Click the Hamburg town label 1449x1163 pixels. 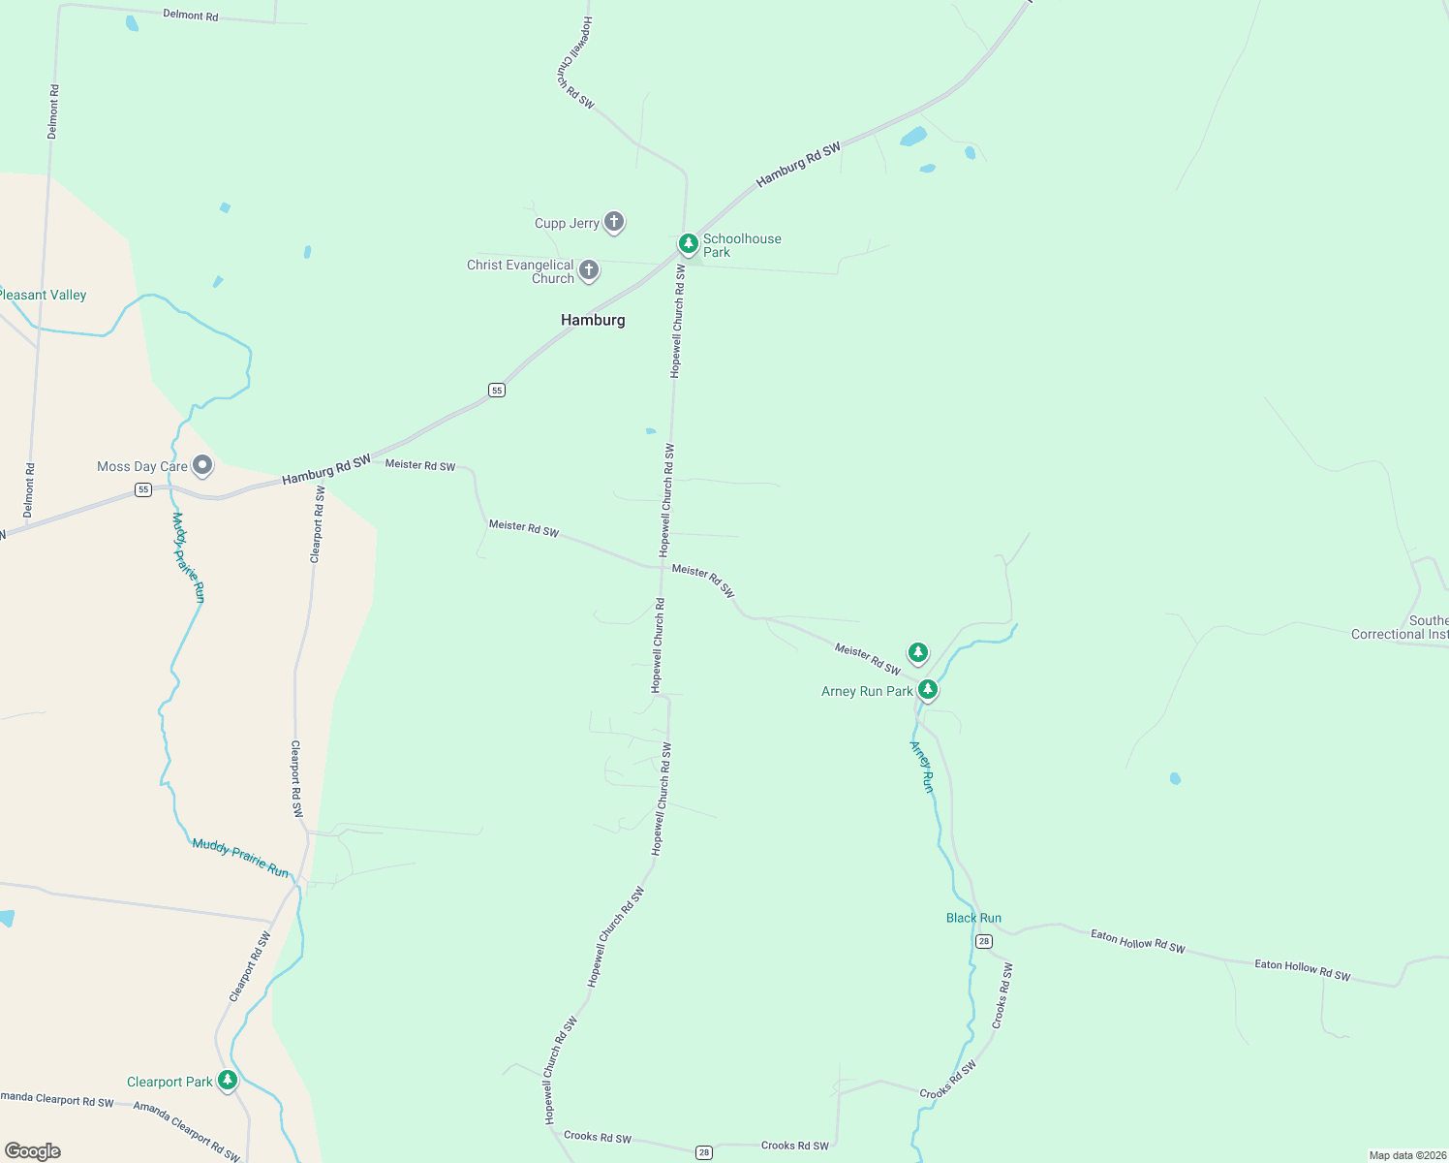click(x=593, y=320)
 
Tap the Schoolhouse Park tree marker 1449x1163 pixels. click(x=688, y=243)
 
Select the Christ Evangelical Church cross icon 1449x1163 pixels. click(x=588, y=269)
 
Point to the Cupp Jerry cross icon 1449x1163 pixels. click(x=613, y=222)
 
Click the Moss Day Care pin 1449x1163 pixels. click(x=202, y=466)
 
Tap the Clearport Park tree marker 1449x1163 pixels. click(x=228, y=1080)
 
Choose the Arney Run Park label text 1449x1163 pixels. click(x=867, y=691)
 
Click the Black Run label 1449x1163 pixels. click(x=973, y=918)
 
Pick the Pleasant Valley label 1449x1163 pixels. click(x=44, y=295)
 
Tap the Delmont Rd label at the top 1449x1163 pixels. click(x=190, y=16)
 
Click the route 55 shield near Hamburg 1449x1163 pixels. click(x=497, y=391)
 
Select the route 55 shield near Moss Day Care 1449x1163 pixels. click(x=143, y=490)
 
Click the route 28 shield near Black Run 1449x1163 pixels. click(x=984, y=941)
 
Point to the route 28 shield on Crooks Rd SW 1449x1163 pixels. click(x=704, y=1152)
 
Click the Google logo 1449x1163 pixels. click(x=33, y=1151)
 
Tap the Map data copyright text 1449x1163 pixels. click(x=1407, y=1155)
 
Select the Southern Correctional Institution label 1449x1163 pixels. click(x=1401, y=627)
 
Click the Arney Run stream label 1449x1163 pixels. click(x=922, y=767)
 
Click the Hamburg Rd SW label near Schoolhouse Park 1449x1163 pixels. click(x=798, y=165)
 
